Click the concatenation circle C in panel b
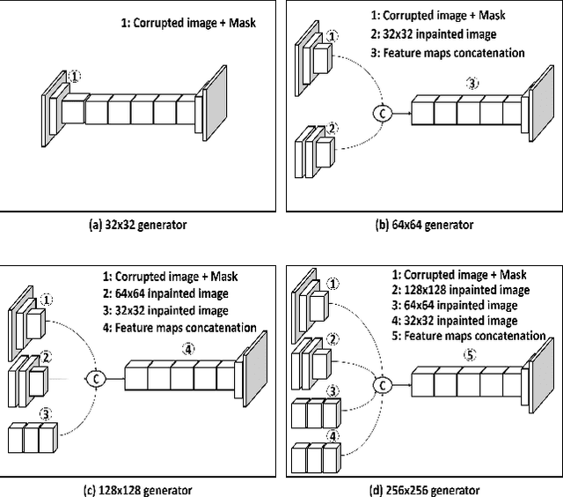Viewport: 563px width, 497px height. click(x=382, y=112)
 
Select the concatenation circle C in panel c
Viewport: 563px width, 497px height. click(x=94, y=378)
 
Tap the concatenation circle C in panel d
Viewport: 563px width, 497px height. click(x=382, y=383)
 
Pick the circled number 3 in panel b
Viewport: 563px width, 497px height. click(x=473, y=85)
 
